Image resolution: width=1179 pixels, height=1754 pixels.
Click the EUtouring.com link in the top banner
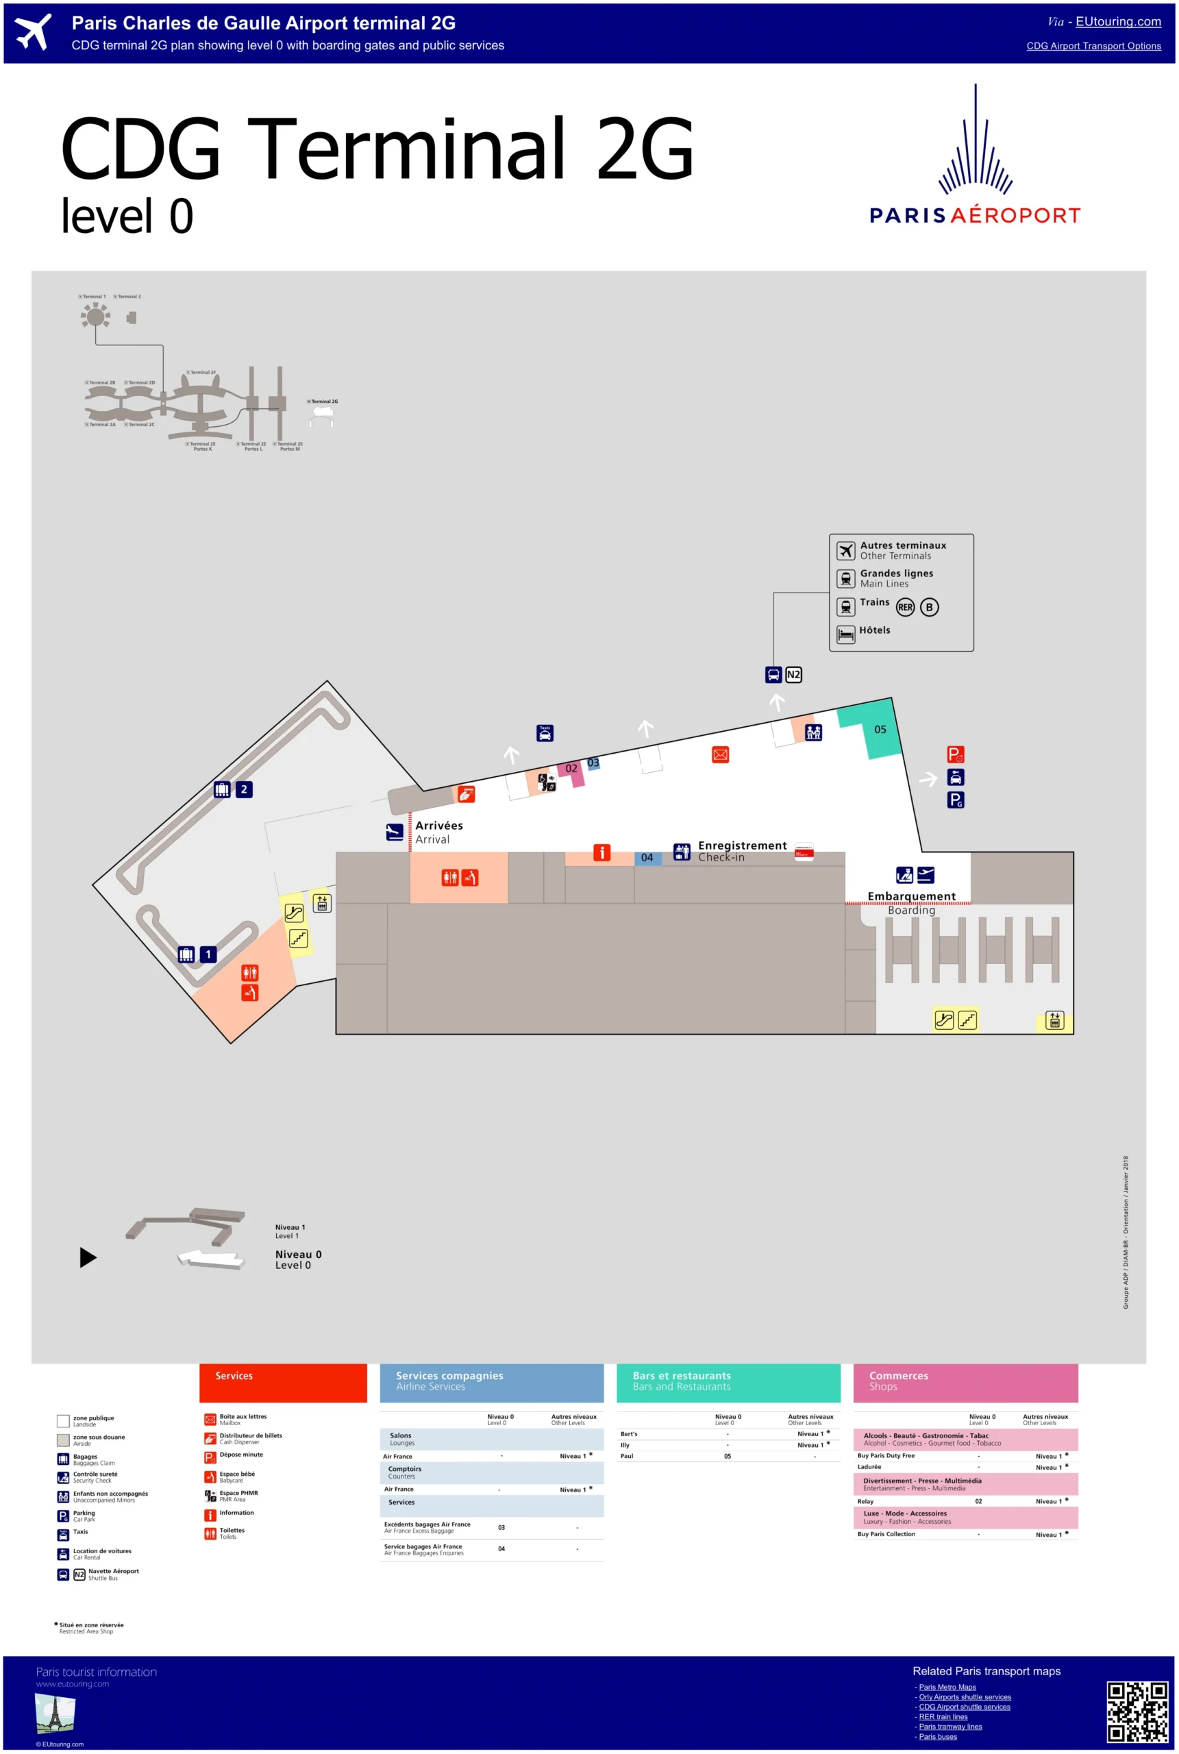[1117, 22]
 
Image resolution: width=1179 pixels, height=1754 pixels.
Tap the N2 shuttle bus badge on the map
[793, 674]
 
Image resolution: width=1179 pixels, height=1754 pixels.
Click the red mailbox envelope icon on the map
[720, 754]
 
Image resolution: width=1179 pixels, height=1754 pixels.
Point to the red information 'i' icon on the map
[601, 852]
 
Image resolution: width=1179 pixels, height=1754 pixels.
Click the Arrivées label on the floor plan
[439, 826]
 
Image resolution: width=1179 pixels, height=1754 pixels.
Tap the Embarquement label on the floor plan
[911, 896]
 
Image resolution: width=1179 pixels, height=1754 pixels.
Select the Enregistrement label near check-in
[742, 845]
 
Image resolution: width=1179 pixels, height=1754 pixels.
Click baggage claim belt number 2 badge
[244, 789]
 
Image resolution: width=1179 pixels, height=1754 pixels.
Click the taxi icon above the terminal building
[545, 733]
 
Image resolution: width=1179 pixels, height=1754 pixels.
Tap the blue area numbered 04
[647, 858]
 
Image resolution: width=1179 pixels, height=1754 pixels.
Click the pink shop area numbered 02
[572, 769]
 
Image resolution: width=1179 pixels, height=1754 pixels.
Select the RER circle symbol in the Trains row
[905, 607]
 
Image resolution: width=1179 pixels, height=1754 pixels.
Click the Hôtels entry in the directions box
[874, 631]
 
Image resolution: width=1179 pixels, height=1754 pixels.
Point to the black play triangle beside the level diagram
[88, 1257]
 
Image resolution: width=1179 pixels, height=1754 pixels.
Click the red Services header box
[283, 1383]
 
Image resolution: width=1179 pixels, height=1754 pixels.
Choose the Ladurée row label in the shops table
[869, 1467]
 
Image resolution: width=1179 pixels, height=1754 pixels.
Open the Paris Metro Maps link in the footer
[947, 1687]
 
